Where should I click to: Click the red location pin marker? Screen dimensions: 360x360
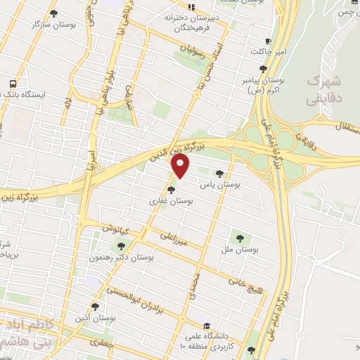181,165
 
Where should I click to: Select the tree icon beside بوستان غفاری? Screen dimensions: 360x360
172,189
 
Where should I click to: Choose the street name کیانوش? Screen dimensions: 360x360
115,229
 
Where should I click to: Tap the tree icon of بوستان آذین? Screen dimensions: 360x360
96,307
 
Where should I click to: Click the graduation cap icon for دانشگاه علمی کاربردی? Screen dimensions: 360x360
207,326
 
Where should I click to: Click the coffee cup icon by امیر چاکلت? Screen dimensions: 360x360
267,41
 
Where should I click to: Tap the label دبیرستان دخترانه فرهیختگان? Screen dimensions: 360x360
192,20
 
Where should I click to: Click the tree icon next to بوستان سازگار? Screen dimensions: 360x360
55,13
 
